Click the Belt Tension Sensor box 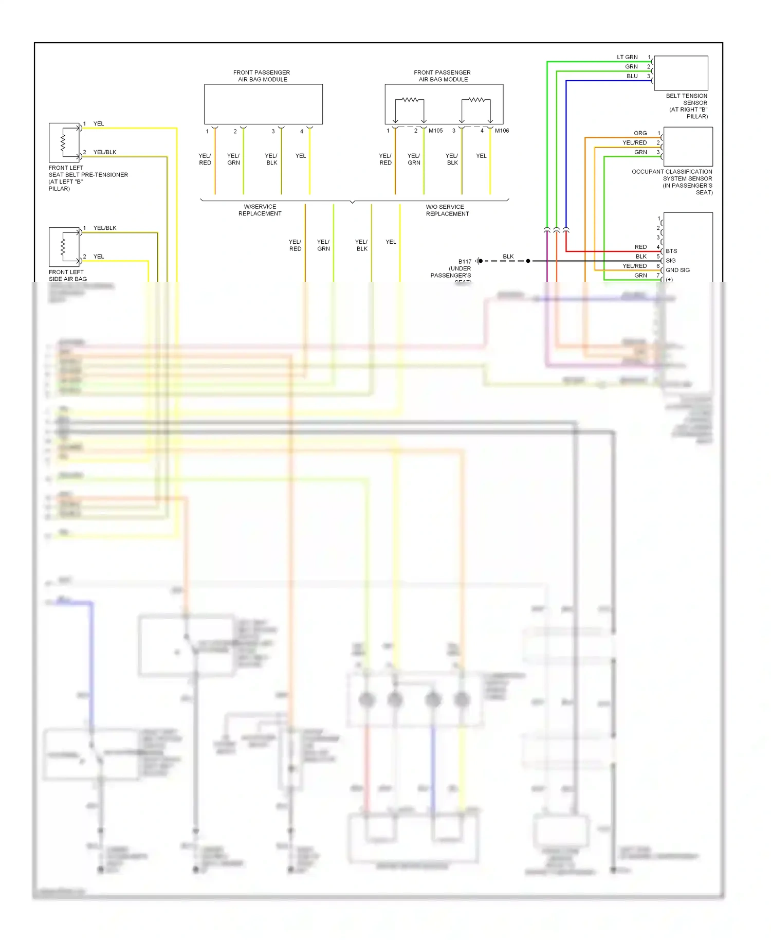tap(681, 73)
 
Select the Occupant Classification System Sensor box tap(688, 147)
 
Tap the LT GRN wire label tap(627, 57)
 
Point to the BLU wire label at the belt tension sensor tap(632, 76)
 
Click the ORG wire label tap(640, 133)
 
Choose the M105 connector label tap(435, 131)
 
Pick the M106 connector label tap(502, 131)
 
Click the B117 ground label tap(465, 261)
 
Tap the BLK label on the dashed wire tap(508, 256)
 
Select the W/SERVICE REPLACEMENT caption tap(260, 210)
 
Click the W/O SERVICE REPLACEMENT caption tap(447, 210)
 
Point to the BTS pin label tap(671, 251)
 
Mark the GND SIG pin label tap(677, 270)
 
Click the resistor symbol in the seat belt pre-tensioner tap(63, 142)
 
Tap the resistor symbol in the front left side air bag tap(63, 247)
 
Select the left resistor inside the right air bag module tap(410, 100)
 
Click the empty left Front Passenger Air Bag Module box tap(263, 104)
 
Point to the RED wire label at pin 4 tap(640, 247)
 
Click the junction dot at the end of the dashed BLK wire tap(528, 261)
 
